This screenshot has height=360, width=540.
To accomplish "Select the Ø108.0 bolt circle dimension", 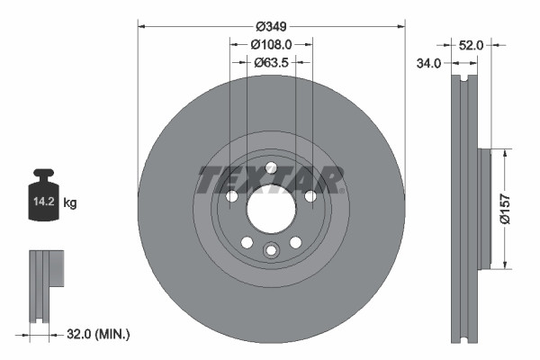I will click(271, 44).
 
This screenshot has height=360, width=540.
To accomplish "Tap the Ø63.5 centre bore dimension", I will click(271, 63).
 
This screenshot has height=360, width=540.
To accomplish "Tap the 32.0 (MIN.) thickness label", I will click(99, 335).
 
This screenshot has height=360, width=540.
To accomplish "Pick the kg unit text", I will click(70, 203).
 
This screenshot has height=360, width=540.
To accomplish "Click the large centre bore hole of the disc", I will click(270, 211).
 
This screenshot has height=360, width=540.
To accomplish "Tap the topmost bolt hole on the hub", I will click(270, 166).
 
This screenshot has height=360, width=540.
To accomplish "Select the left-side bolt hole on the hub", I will click(230, 196).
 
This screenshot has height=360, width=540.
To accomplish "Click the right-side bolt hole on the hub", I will click(310, 196).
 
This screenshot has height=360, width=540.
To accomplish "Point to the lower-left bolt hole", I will click(246, 241).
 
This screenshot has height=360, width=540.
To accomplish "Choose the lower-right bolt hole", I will click(295, 241).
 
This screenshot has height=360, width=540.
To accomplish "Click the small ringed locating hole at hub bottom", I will click(270, 251).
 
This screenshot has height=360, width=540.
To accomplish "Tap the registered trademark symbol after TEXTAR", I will click(343, 191).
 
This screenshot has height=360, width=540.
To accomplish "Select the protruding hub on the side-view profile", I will click(484, 208).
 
